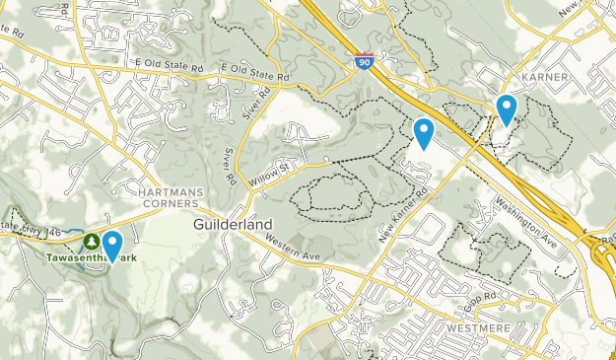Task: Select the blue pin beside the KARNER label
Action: pos(507,108)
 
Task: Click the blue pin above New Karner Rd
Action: pos(424,131)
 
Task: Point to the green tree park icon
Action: pos(91,241)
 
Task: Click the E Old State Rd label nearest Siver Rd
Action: pos(254,71)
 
